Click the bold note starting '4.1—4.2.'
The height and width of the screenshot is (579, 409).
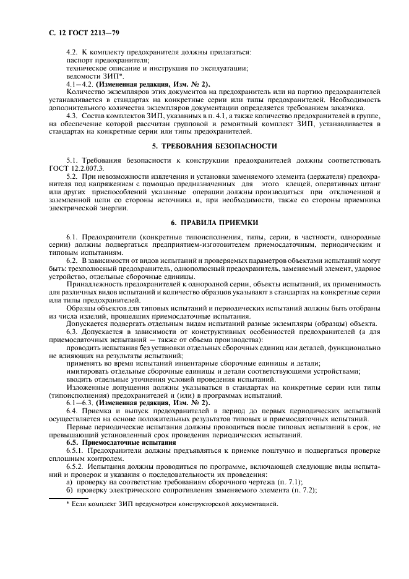tap(138, 84)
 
